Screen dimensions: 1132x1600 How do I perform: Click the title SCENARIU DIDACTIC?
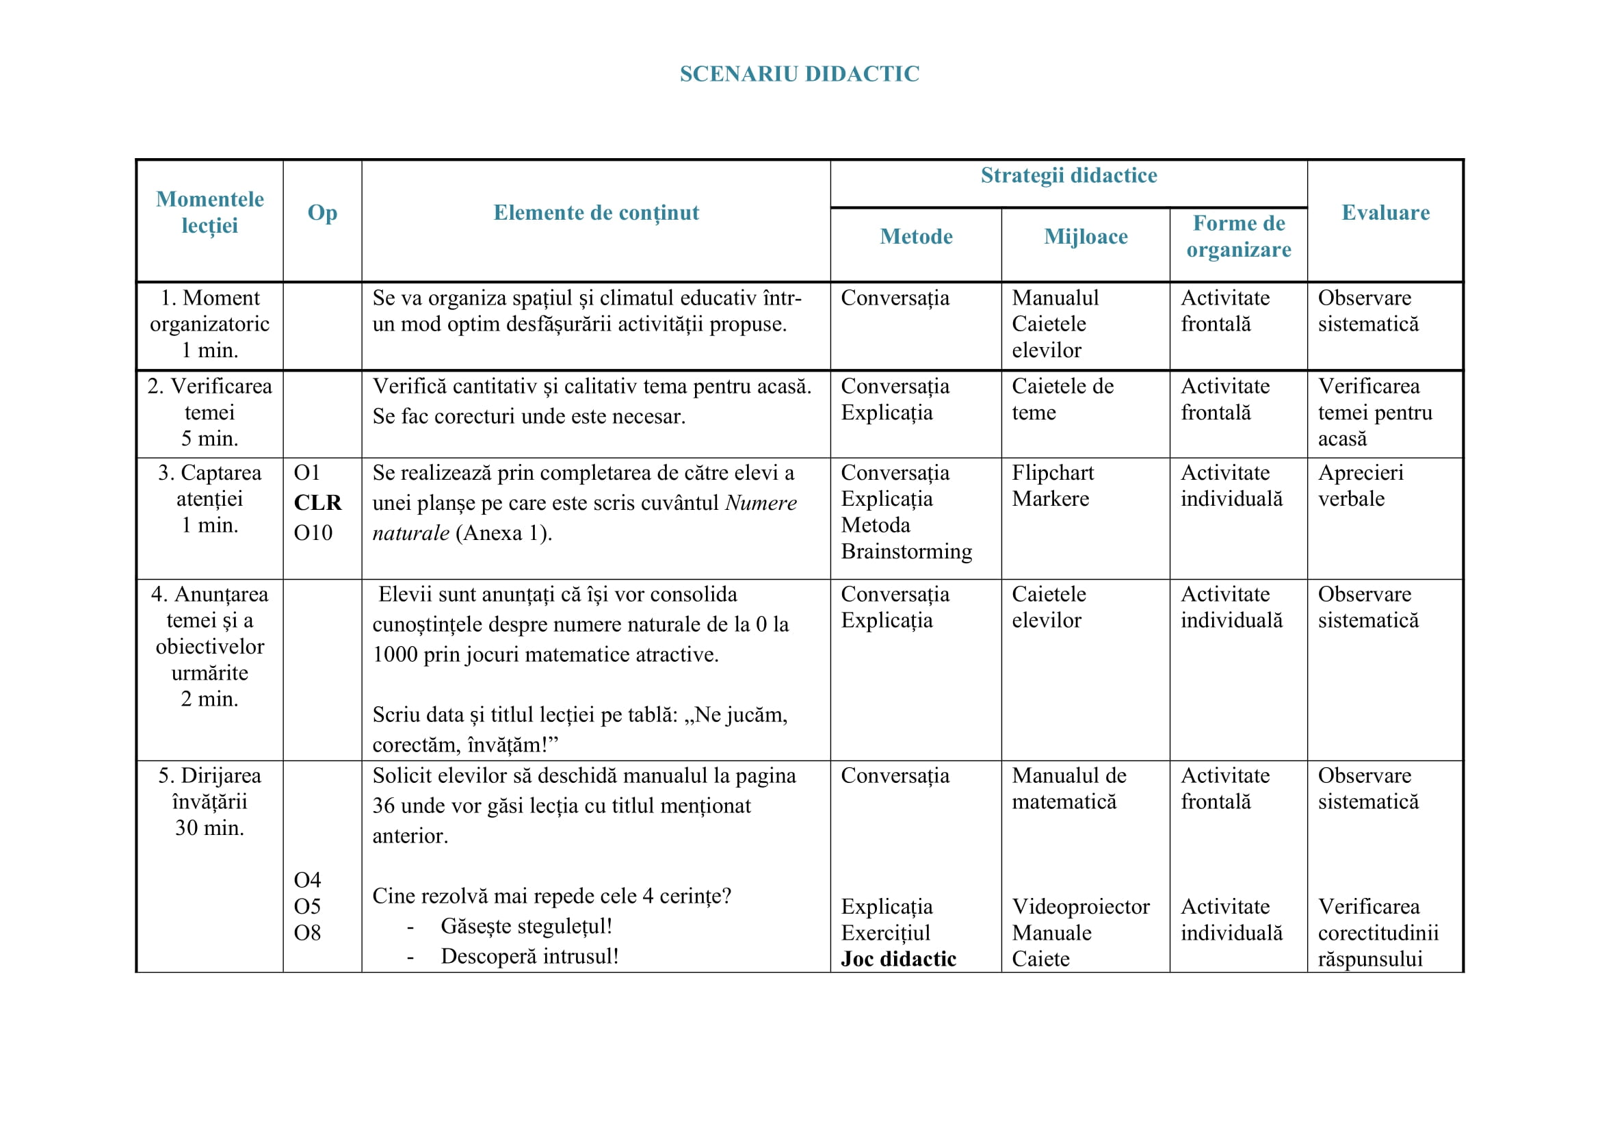point(799,74)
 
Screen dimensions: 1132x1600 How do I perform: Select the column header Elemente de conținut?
point(596,213)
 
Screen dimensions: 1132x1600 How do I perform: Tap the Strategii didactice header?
point(1068,176)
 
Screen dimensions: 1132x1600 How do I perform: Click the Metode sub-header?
point(916,237)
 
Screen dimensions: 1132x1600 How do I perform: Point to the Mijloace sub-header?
point(1085,237)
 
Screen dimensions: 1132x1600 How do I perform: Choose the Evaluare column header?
point(1385,213)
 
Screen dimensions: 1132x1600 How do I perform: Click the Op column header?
point(322,213)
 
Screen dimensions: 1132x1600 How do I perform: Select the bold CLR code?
point(318,502)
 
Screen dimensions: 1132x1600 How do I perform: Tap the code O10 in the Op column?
point(313,533)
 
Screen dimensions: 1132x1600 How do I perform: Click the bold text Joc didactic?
point(898,959)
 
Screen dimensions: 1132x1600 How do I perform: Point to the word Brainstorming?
point(906,552)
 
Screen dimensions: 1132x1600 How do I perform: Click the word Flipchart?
point(1052,474)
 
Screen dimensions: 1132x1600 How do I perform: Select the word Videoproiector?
point(1080,907)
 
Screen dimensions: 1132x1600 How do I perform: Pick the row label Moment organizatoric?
point(210,311)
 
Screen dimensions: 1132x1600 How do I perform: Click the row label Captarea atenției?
point(210,486)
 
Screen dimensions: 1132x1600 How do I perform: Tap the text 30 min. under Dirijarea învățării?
point(210,828)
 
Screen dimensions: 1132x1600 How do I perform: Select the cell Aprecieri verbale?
point(1361,486)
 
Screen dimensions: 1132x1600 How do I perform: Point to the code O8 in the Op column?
point(307,934)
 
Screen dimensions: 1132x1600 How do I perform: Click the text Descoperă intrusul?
point(529,956)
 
